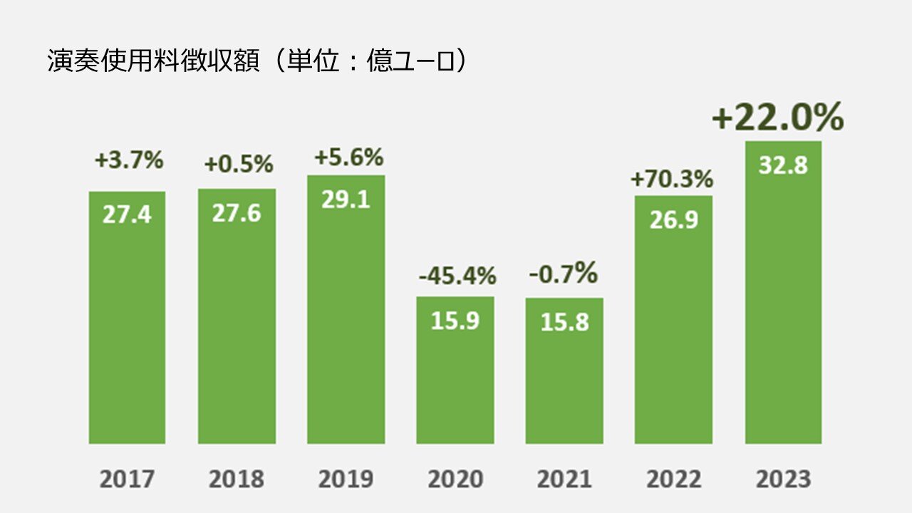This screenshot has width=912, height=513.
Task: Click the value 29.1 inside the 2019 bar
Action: tap(346, 200)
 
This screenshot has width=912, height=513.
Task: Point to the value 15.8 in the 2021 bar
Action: tap(564, 322)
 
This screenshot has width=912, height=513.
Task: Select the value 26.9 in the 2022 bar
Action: tap(673, 220)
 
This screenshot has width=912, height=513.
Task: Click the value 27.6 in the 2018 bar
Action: tap(237, 213)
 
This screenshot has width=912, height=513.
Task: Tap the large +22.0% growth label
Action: tap(777, 118)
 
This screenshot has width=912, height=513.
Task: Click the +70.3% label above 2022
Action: tap(672, 180)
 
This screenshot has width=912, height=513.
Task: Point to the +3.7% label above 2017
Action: tap(129, 160)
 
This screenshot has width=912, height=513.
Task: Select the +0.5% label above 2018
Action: tap(239, 164)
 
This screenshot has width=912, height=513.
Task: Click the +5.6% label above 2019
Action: tap(348, 157)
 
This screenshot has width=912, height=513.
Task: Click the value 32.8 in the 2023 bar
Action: tap(783, 165)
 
